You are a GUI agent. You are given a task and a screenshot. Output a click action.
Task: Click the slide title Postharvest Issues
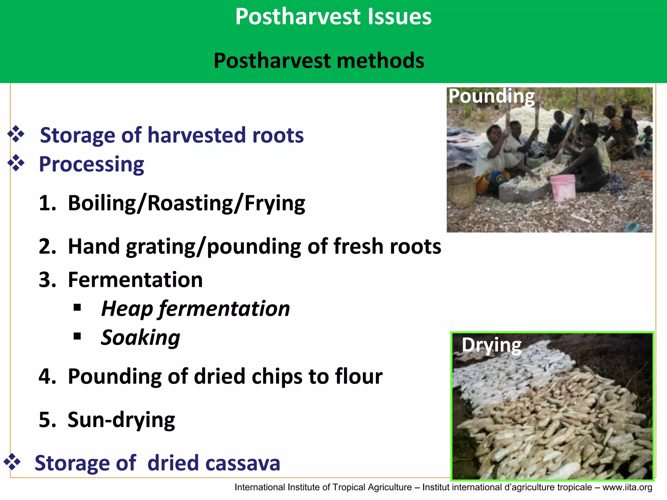333,17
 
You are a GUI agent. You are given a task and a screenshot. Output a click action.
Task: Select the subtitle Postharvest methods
319,61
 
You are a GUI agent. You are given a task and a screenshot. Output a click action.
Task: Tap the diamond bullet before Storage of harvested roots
16,134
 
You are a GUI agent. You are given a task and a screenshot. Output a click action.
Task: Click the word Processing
92,164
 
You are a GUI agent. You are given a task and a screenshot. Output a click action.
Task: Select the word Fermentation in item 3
135,280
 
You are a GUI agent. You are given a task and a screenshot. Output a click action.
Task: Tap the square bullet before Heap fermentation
77,307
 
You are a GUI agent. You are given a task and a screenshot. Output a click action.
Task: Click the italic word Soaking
140,338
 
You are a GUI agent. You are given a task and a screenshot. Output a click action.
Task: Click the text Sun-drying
121,420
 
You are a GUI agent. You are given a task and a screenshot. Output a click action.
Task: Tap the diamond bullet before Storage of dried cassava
12,462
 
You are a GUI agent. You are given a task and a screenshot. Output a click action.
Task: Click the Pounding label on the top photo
491,97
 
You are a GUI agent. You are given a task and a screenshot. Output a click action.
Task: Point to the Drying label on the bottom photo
491,345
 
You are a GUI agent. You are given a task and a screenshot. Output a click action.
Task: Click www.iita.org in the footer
627,487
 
